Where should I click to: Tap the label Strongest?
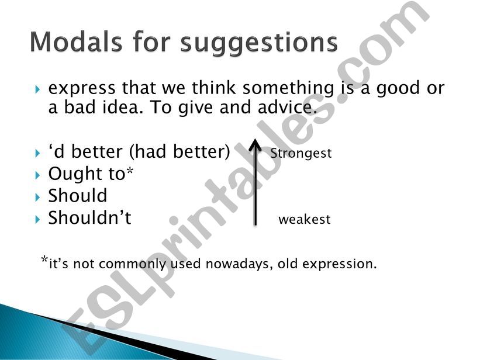pyautogui.click(x=301, y=153)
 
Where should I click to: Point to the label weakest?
pyautogui.click(x=304, y=220)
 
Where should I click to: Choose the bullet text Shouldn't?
pyautogui.click(x=89, y=218)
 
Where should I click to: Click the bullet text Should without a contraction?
pyautogui.click(x=78, y=196)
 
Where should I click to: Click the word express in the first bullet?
pyautogui.click(x=82, y=89)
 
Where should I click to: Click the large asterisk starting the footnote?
pyautogui.click(x=44, y=261)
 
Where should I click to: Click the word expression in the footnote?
pyautogui.click(x=342, y=264)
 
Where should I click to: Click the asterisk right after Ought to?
pyautogui.click(x=131, y=172)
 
